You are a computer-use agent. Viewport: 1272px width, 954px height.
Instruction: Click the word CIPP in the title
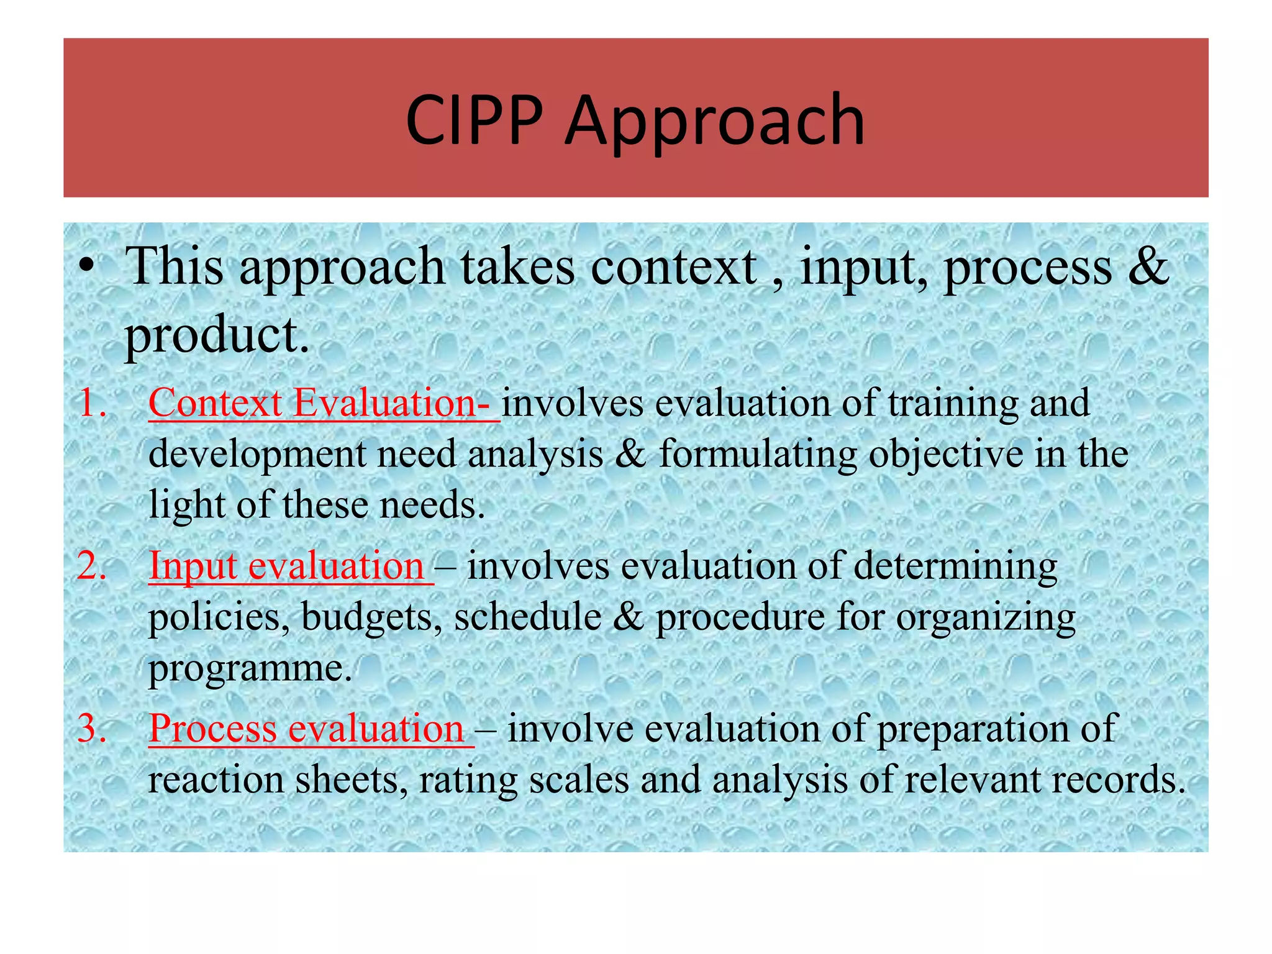[474, 119]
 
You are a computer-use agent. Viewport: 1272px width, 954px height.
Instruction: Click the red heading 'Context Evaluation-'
[323, 402]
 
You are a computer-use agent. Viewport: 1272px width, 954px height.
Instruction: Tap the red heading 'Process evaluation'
[307, 729]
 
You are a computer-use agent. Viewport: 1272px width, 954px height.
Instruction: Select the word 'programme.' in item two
[250, 670]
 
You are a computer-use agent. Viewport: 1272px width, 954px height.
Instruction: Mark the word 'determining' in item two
[955, 566]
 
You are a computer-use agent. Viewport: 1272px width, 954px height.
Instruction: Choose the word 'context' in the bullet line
[673, 266]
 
